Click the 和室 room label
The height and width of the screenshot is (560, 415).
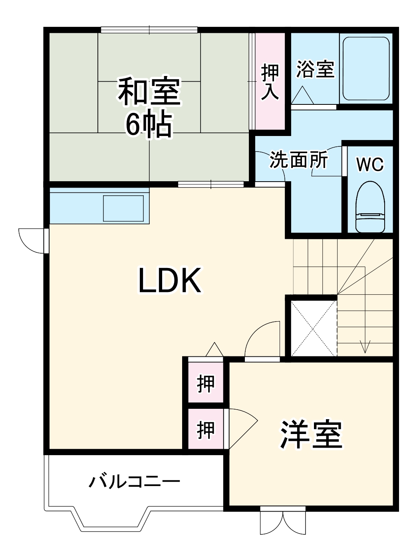click(149, 93)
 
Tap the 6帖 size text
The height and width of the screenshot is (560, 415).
click(149, 125)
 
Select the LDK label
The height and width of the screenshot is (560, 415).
click(169, 281)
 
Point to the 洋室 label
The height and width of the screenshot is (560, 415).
click(311, 434)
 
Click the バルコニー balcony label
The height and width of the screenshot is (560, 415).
click(134, 482)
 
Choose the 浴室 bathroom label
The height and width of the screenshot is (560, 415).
click(315, 69)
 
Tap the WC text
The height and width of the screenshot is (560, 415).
click(370, 164)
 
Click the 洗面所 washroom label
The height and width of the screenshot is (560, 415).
click(299, 160)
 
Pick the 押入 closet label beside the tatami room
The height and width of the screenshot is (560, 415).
click(270, 82)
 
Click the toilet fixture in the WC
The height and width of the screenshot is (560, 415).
click(370, 208)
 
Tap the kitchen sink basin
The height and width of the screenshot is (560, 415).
click(123, 208)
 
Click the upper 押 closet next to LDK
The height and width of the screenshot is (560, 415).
click(206, 384)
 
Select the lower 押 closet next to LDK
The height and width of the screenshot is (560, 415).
click(206, 430)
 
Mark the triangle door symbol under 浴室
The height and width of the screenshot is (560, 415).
click(302, 96)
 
